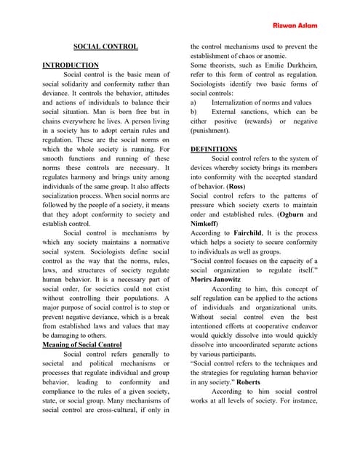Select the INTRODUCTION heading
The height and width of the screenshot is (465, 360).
pos(71,65)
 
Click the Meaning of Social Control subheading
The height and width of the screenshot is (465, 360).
pos(81,344)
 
